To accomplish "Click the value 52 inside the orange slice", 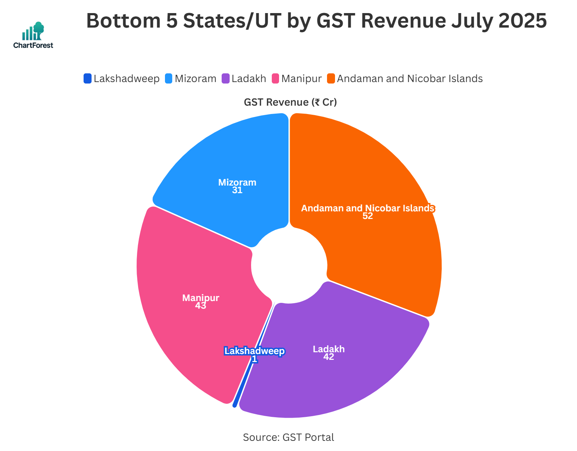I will point(368,216).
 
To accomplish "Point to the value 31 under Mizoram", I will point(237,190).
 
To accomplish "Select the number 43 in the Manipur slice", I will point(201,306).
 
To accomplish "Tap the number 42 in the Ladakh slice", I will point(328,357).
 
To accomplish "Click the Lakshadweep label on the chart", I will point(254,351).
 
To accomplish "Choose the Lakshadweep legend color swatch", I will point(88,78).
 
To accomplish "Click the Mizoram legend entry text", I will point(195,78).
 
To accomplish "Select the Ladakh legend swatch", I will point(226,78).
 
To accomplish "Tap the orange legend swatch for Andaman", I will point(331,78).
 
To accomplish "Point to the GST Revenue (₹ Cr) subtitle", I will point(290,102).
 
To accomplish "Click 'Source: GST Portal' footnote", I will point(288,437).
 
